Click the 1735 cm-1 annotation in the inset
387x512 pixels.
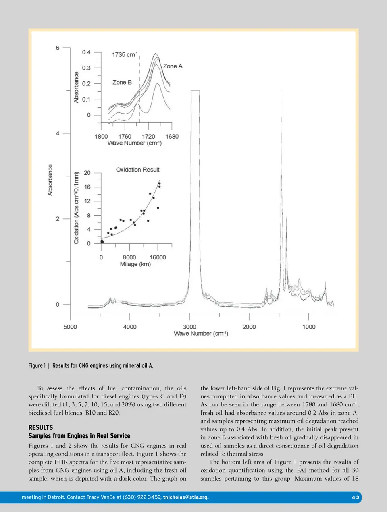click(x=125, y=54)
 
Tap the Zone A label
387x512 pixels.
click(x=173, y=66)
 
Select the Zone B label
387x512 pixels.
click(x=122, y=82)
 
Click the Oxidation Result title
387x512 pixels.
click(x=137, y=170)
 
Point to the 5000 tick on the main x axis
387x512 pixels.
click(x=70, y=327)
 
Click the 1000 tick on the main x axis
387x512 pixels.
click(x=309, y=327)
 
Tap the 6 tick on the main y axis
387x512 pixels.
click(x=58, y=48)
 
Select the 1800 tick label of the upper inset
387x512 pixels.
click(x=101, y=136)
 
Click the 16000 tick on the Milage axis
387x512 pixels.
click(x=158, y=257)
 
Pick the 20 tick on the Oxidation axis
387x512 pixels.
click(x=87, y=173)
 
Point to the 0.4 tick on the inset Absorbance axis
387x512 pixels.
click(x=86, y=52)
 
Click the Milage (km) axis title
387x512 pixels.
click(x=135, y=264)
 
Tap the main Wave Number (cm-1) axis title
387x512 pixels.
click(x=201, y=334)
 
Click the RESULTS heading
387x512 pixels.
click(x=40, y=427)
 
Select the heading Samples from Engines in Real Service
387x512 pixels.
click(x=79, y=436)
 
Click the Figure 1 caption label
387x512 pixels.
click(x=37, y=365)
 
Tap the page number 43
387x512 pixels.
click(x=355, y=497)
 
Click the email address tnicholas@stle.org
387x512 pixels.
click(x=186, y=497)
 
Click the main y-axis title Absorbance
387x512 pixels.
click(x=50, y=180)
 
